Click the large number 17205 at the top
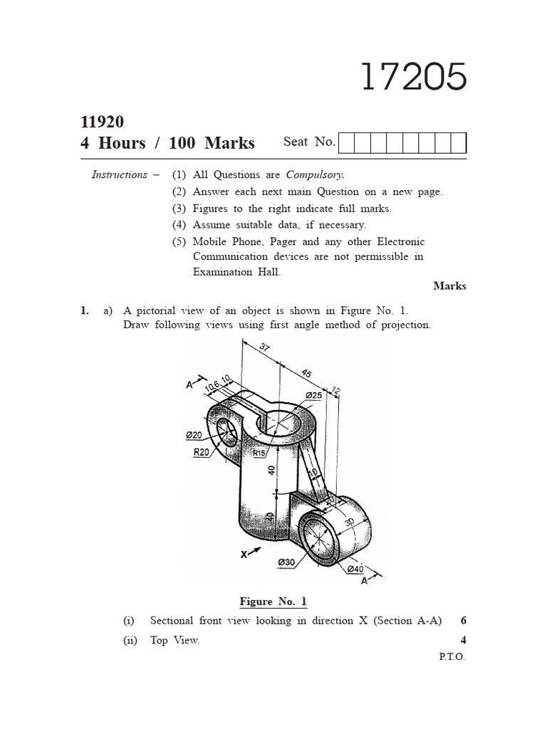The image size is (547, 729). pos(414,77)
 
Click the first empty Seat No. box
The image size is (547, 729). pos(346,143)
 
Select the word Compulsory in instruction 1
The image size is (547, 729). pos(315,174)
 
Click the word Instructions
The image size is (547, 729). pos(120,175)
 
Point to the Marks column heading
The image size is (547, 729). pos(449,285)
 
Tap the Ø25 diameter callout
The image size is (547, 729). pos(313,394)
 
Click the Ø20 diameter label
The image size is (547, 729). pos(194,435)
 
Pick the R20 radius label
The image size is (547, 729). pos(200,453)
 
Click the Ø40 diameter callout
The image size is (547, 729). pos(355,569)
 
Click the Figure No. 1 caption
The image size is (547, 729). pos(273,602)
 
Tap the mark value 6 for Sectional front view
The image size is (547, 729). pos(463,621)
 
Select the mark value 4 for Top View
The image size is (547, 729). pos(463,640)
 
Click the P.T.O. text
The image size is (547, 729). pos(452,657)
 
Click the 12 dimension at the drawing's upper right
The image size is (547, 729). pos(336,392)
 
